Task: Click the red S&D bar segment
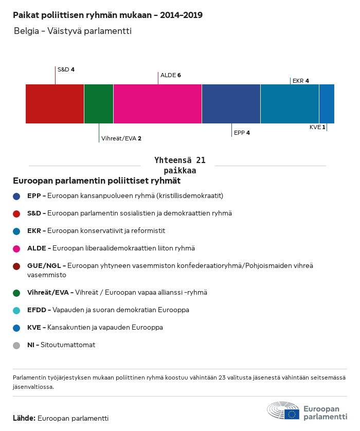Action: [x=55, y=104]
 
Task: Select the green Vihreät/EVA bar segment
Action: [x=99, y=104]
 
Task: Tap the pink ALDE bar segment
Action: [x=157, y=104]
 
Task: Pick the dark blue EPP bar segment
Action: [x=231, y=104]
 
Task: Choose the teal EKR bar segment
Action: [x=290, y=104]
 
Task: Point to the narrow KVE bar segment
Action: [x=327, y=104]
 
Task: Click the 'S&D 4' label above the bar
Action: [x=66, y=69]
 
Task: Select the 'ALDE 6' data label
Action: [x=171, y=75]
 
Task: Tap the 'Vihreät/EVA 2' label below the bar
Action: [x=121, y=138]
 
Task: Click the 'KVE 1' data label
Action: [x=317, y=127]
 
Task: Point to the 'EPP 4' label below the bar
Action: [x=242, y=133]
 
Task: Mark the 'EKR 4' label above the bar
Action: [x=301, y=81]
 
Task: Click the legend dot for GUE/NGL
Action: [x=16, y=266]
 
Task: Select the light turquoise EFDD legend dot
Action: [x=16, y=311]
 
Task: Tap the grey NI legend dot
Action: [x=16, y=346]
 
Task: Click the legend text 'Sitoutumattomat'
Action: [x=68, y=345]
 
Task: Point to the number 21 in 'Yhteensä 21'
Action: [x=201, y=160]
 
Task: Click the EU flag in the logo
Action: [x=292, y=414]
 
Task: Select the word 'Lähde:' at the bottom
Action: [x=24, y=418]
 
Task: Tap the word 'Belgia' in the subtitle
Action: [x=26, y=31]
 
